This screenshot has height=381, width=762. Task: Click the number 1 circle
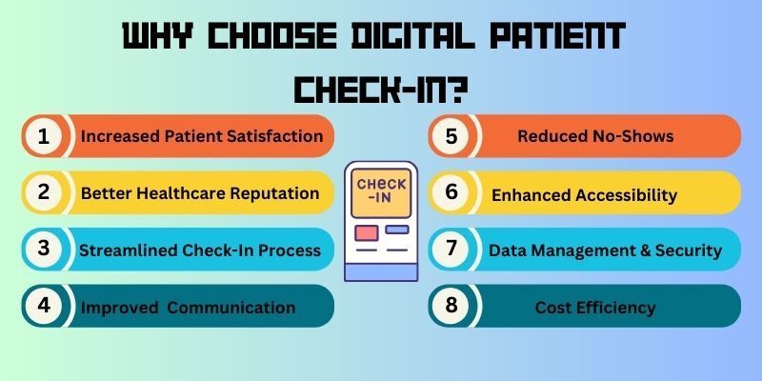click(x=44, y=136)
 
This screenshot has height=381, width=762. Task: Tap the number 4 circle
click(x=44, y=306)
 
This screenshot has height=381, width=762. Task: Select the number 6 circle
click(x=451, y=192)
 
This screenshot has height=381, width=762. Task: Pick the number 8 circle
click(x=451, y=306)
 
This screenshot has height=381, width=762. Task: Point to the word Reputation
click(x=274, y=193)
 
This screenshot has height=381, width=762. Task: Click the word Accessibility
click(x=627, y=195)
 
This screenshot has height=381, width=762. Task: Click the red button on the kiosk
click(x=367, y=232)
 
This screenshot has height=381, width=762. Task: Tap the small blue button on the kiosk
click(x=397, y=230)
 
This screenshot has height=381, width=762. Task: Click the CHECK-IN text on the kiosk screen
click(x=382, y=191)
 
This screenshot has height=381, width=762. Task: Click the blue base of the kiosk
click(x=381, y=272)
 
